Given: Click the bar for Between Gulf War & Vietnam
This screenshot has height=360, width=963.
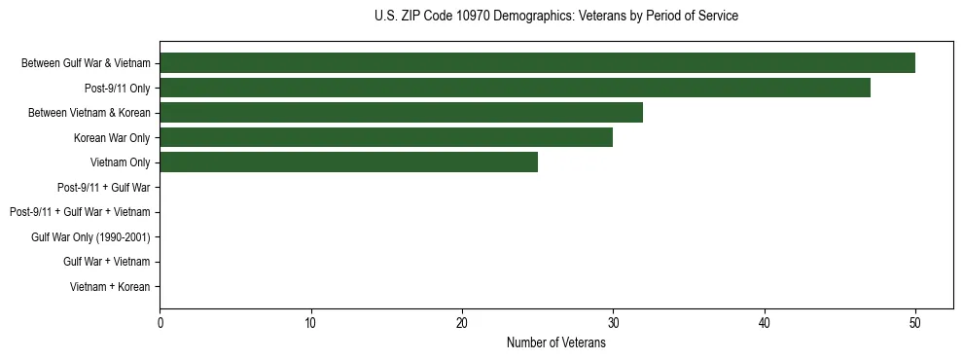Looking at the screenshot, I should point(537,63).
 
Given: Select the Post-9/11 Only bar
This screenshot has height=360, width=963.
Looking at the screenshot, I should point(515,89).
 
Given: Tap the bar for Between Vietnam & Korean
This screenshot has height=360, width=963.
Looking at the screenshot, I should point(401,113).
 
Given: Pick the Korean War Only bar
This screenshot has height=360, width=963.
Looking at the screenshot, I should point(386,138).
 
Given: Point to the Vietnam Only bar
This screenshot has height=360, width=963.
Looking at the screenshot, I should point(348,162).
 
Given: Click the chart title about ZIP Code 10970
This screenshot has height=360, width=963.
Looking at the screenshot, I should point(555,17).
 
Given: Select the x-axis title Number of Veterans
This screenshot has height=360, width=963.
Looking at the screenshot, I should point(555,342).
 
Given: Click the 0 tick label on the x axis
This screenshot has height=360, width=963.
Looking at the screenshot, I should point(160,323).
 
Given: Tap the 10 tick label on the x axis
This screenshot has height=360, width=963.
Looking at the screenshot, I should point(310,323).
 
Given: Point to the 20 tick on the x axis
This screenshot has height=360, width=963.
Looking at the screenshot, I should point(462,323).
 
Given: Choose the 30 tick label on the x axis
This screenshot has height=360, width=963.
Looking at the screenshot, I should point(613,323).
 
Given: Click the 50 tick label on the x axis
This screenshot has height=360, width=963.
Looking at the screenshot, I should point(915,323).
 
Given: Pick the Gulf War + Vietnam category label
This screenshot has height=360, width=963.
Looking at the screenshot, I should point(107,262).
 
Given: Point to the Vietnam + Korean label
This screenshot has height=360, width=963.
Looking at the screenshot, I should point(110,287).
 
